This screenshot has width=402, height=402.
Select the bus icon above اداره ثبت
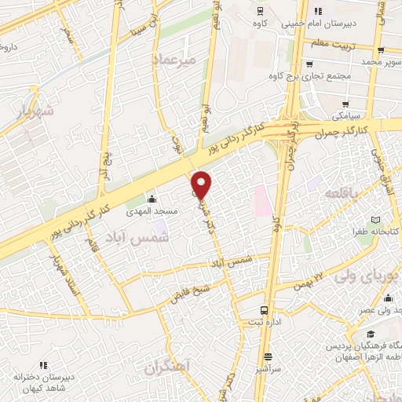tap(265, 310)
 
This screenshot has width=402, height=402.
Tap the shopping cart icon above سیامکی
tap(346, 104)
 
